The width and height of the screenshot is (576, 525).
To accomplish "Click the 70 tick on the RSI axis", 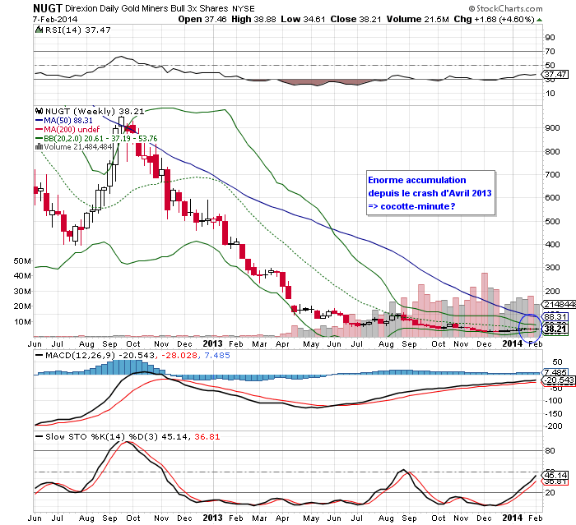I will (x=548, y=51).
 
